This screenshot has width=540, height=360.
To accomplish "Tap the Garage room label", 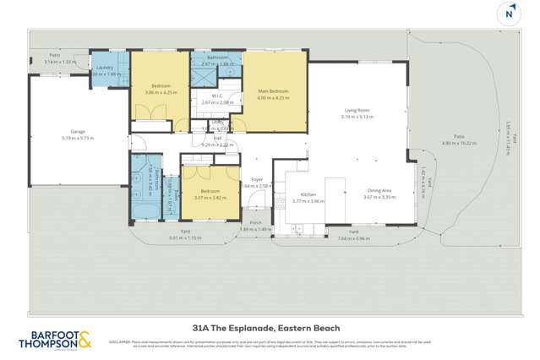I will (56, 132).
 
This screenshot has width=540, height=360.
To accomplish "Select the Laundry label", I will (105, 67).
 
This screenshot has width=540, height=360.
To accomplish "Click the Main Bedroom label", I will (271, 91).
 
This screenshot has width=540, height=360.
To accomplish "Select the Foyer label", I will (256, 179).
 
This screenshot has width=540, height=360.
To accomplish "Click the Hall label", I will (217, 138).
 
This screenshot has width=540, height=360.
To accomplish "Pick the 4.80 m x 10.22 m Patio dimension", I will (460, 144).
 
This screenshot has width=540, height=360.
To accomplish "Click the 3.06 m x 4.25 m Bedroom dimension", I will (160, 91).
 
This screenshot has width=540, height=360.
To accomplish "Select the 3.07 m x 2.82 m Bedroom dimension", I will (207, 198).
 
